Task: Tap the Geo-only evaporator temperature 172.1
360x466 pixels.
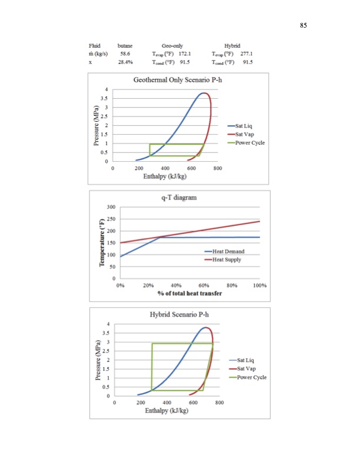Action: coord(186,53)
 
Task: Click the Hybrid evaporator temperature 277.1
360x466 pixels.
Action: coord(245,53)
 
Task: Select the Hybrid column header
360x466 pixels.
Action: coord(232,45)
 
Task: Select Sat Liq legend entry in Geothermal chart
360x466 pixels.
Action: coord(244,126)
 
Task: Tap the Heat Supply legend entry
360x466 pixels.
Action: coord(228,275)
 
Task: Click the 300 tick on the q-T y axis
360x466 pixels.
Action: coord(111,207)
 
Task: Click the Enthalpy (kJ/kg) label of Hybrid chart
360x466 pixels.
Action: coord(167,410)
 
